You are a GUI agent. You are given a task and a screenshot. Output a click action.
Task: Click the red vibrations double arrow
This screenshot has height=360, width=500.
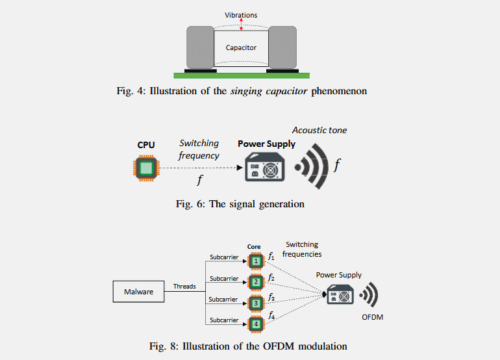[242, 24]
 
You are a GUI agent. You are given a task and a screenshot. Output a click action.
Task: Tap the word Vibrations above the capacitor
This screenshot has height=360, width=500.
[241, 14]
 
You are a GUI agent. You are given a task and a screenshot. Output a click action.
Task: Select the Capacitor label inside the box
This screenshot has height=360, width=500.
[241, 47]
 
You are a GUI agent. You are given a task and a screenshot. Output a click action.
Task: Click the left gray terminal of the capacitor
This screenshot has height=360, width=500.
[200, 47]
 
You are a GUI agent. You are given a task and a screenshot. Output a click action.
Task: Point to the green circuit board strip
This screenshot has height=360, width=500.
[241, 75]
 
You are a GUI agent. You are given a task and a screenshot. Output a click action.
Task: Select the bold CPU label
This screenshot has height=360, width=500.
[146, 145]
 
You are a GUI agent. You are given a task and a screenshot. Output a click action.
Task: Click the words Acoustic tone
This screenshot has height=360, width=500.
[319, 130]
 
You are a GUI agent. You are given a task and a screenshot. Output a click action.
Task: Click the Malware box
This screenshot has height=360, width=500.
[139, 292]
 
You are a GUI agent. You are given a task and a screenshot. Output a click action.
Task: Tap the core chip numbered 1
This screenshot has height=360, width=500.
[257, 261]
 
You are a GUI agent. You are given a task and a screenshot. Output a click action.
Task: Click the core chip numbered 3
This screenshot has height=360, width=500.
[257, 303]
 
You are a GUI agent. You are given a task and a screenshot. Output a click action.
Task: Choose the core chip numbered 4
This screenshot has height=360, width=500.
[257, 323]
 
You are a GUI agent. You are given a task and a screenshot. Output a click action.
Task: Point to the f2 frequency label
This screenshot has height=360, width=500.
[271, 278]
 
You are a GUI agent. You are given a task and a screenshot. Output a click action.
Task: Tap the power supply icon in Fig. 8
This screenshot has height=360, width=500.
[340, 294]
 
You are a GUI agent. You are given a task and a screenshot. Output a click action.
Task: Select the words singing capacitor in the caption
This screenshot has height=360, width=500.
[269, 91]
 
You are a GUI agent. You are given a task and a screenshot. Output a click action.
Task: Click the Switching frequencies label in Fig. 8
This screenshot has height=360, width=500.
[302, 249]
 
